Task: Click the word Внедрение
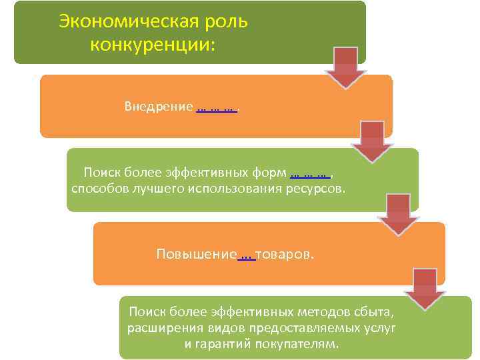tap(159, 107)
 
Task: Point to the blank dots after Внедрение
tap(217, 107)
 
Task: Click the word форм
tap(271, 174)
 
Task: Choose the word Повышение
tap(196, 255)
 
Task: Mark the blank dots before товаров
tap(246, 255)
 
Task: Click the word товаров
tap(283, 255)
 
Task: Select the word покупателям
tap(302, 344)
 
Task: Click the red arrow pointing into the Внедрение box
tap(345, 67)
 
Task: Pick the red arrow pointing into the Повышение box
tap(398, 214)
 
